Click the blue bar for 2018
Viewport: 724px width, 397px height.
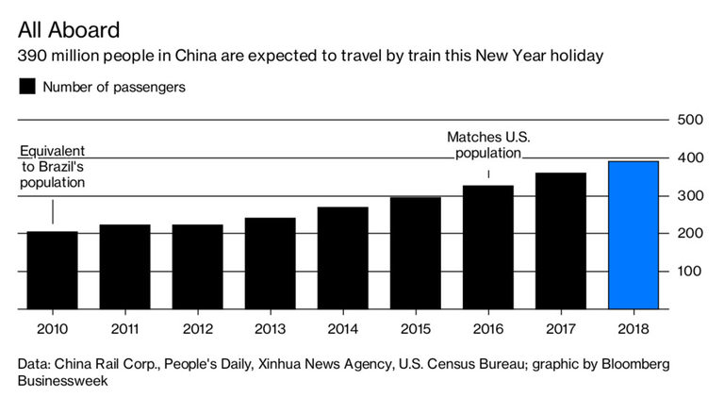633,235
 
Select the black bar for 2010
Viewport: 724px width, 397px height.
52,270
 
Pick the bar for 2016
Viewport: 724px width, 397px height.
487,247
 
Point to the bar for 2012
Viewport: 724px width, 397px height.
197,266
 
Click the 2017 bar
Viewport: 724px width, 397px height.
560,240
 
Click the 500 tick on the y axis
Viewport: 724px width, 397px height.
691,120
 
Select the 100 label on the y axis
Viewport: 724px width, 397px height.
691,272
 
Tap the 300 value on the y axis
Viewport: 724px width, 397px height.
691,196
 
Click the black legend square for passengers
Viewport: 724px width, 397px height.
27,87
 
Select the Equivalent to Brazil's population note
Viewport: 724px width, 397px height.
52,167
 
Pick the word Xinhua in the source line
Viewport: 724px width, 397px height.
318,363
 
